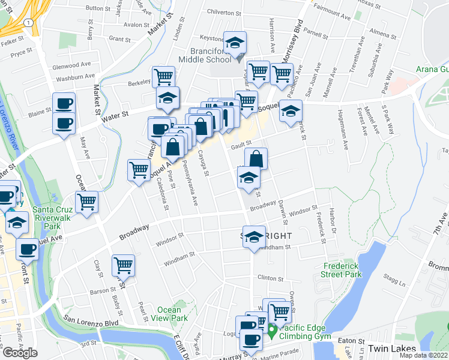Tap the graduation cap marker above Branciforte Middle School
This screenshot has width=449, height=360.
coord(235,42)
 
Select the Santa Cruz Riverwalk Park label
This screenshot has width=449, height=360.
coord(56,214)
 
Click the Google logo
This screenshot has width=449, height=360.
coord(20,352)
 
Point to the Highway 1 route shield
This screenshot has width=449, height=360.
coord(28,22)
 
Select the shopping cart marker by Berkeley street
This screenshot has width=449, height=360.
coord(163,76)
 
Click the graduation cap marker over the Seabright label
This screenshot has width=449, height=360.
coord(254,237)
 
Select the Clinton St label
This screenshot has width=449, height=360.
coord(270,278)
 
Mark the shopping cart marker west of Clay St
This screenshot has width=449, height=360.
coord(87,202)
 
